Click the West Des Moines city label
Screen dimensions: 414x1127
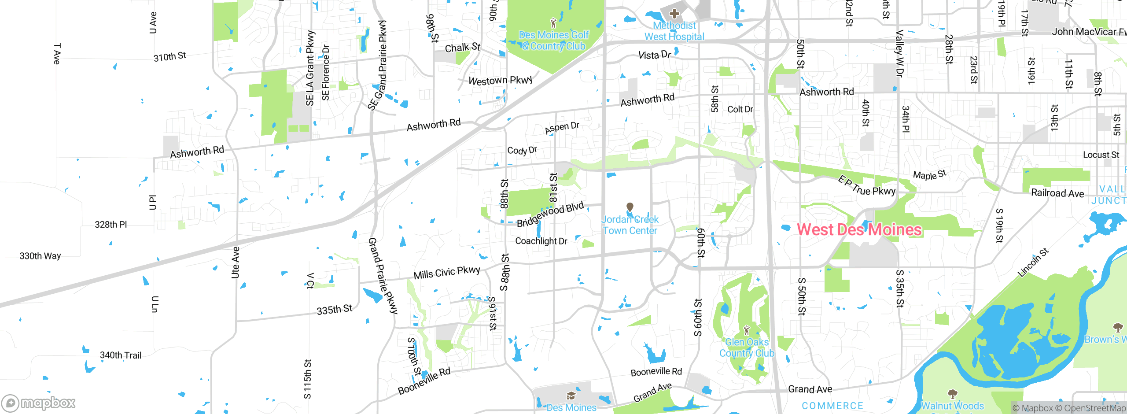click(859, 229)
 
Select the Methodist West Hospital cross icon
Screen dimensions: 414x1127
click(674, 13)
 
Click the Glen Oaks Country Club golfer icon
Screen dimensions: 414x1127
click(747, 330)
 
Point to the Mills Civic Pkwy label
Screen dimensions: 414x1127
click(446, 273)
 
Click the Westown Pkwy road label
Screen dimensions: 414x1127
click(501, 81)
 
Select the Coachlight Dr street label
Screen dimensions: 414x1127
click(541, 241)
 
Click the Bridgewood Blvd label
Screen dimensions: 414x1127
click(550, 214)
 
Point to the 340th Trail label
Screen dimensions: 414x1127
click(120, 355)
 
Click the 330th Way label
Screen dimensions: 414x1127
click(40, 256)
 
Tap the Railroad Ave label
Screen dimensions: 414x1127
click(1057, 193)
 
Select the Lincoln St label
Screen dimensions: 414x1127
click(1033, 263)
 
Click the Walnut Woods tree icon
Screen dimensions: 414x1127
click(952, 393)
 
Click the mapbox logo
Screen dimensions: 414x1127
click(39, 403)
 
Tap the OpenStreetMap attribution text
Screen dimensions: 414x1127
click(1094, 408)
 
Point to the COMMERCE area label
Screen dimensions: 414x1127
click(832, 406)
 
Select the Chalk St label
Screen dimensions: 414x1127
click(462, 48)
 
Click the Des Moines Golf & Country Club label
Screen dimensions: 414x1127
click(554, 41)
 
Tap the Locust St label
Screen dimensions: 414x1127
click(1101, 155)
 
